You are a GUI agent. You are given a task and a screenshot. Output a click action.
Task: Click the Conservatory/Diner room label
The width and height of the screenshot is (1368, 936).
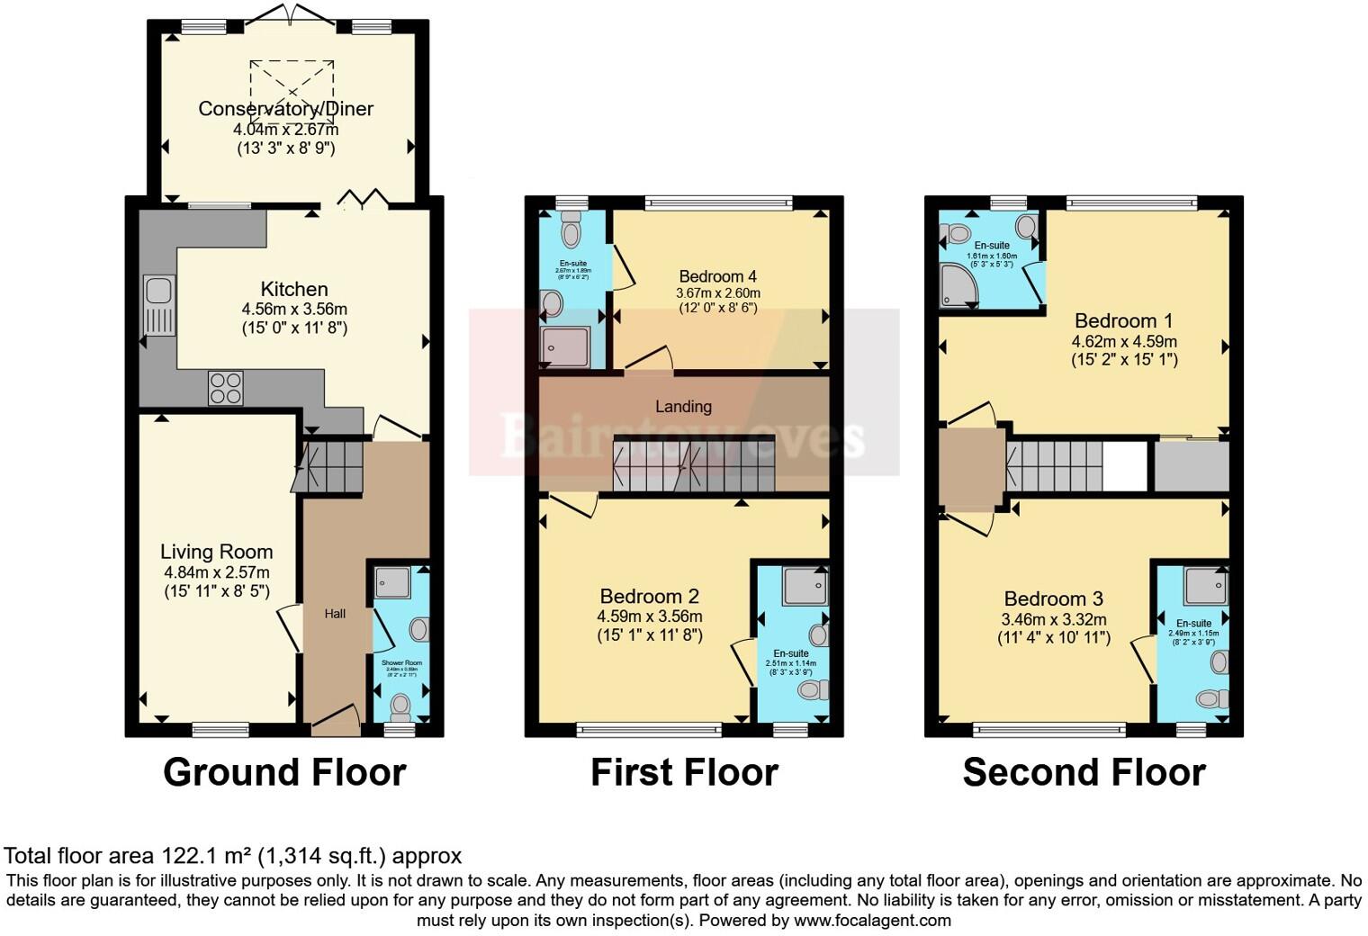click(x=285, y=109)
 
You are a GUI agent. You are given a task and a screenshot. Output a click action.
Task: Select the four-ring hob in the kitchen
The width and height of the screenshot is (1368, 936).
click(x=225, y=388)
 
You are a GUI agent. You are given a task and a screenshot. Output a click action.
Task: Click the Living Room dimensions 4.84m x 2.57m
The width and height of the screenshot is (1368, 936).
click(x=216, y=572)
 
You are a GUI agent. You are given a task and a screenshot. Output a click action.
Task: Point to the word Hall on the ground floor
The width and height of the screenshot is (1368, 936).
click(x=335, y=614)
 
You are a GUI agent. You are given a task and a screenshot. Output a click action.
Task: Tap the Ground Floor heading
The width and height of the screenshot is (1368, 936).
click(x=284, y=772)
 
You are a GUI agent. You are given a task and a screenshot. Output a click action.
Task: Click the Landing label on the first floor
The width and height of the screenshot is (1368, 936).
click(x=683, y=407)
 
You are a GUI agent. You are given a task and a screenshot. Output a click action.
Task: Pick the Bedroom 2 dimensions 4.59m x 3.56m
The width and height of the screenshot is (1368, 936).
click(x=649, y=616)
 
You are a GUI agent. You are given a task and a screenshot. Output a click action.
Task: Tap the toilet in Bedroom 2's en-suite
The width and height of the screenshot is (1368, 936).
click(x=813, y=690)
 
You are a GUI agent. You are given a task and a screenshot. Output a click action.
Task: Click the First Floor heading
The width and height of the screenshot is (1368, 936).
click(x=684, y=772)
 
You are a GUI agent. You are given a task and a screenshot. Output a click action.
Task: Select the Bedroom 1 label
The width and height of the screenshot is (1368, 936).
click(x=1115, y=320)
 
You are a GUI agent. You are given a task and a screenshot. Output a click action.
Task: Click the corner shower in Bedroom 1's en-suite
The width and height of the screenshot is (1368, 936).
click(x=956, y=287)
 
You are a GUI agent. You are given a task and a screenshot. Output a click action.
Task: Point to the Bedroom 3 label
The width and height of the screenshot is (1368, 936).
click(x=1053, y=598)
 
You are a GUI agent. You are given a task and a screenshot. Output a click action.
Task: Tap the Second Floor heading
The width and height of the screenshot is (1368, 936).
click(x=1084, y=772)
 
